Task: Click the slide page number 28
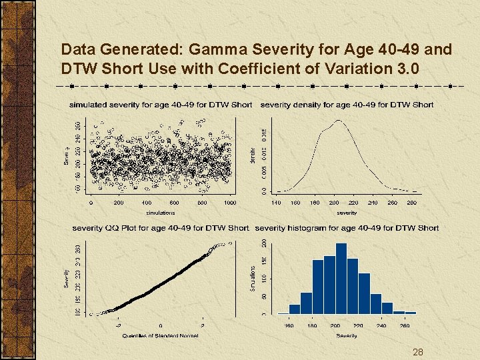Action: (418, 352)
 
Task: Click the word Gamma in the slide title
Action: (216, 49)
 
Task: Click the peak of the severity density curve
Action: (339, 121)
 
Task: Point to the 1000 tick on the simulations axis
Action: (229, 203)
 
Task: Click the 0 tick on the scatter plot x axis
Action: (91, 203)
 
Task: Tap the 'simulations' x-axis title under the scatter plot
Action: (160, 213)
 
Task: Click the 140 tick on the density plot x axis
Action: (276, 203)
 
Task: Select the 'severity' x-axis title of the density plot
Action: (347, 213)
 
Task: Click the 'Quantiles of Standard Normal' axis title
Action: (160, 335)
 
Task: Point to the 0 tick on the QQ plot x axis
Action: (160, 326)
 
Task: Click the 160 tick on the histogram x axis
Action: (289, 326)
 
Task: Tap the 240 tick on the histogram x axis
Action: (380, 326)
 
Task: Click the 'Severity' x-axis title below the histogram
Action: (347, 335)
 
